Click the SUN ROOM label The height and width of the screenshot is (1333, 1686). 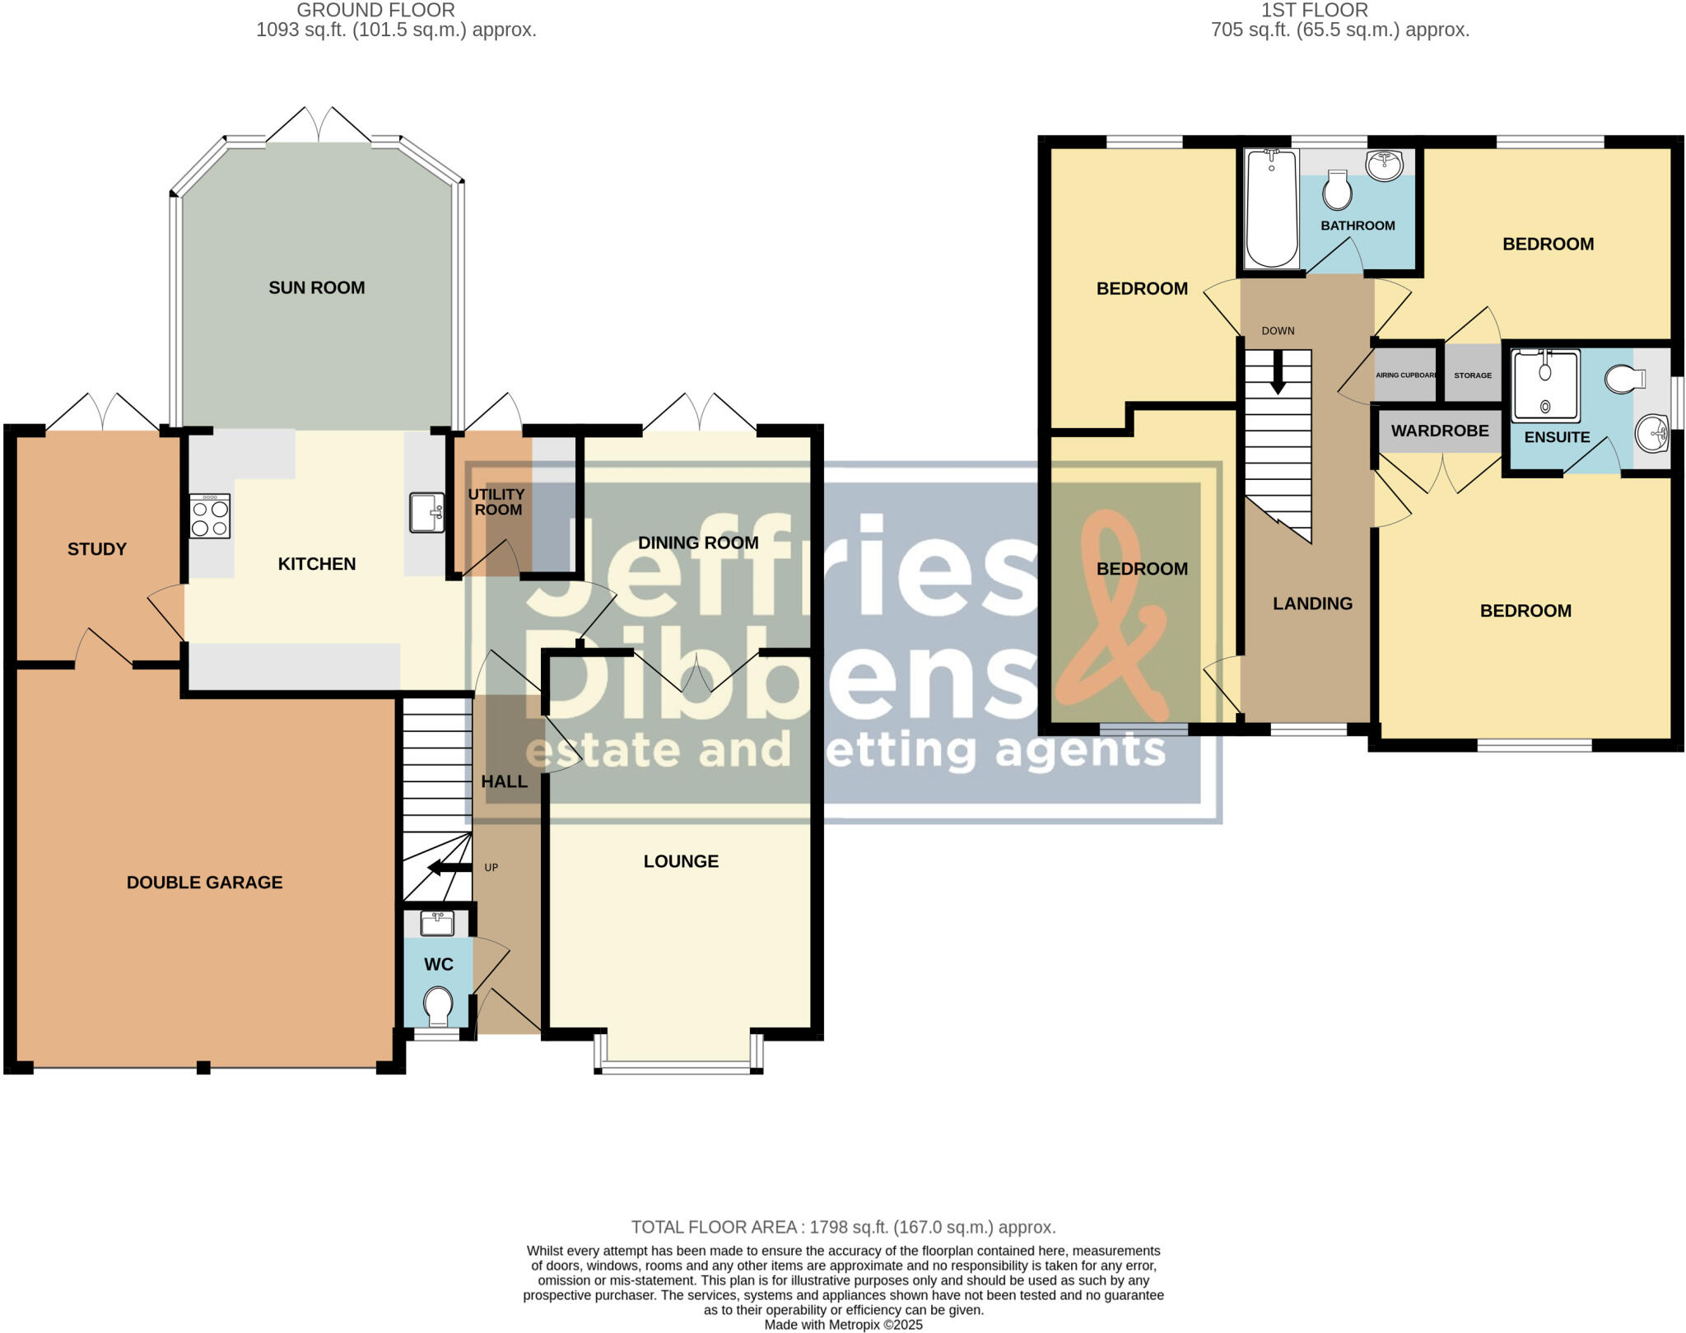click(x=316, y=287)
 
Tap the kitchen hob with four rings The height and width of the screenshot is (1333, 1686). click(x=209, y=516)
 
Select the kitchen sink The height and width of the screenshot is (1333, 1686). click(x=426, y=512)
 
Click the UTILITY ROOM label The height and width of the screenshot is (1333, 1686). click(x=496, y=501)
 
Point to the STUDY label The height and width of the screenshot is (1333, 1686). click(x=97, y=549)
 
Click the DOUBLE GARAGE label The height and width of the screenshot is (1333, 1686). click(x=204, y=883)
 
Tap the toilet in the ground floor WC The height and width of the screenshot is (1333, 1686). click(x=438, y=1005)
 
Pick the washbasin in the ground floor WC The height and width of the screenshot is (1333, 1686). click(x=436, y=923)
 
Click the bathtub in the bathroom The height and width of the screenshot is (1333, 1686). click(x=1272, y=209)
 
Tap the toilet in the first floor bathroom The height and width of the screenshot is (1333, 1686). click(x=1337, y=191)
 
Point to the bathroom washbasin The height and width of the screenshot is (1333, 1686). click(x=1385, y=165)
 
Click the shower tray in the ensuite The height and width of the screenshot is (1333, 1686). click(x=1545, y=385)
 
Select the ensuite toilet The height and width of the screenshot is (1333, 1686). click(x=1624, y=379)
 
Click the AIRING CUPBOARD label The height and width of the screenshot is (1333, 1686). click(x=1406, y=375)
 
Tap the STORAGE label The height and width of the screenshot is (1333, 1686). click(x=1473, y=375)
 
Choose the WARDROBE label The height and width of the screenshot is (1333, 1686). click(x=1440, y=431)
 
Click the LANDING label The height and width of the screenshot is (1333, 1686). click(x=1312, y=604)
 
